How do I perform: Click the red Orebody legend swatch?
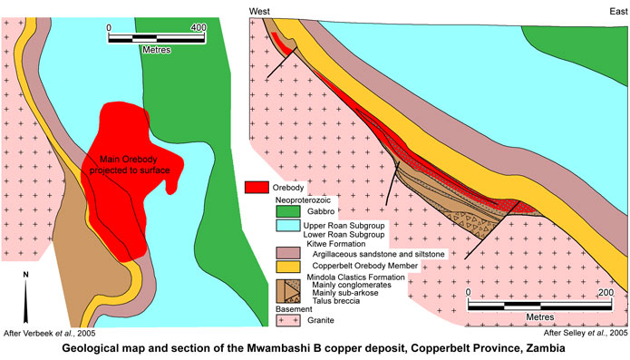257,187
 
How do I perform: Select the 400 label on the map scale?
196,27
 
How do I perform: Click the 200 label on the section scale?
606,293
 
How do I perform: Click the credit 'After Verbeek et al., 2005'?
50,334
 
